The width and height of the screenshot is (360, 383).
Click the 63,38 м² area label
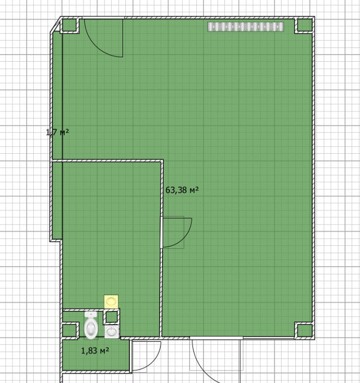[x=182, y=190]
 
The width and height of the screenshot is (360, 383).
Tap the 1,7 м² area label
[x=57, y=133]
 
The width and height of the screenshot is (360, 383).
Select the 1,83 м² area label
[x=95, y=351]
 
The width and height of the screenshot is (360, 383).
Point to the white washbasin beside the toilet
[x=112, y=332]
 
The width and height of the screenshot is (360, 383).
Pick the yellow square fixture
[x=111, y=301]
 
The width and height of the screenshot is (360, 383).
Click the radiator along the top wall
[x=246, y=27]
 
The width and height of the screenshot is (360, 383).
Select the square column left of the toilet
[x=70, y=331]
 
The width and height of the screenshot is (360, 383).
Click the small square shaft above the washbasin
[x=111, y=317]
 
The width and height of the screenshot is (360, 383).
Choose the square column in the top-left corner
[x=69, y=25]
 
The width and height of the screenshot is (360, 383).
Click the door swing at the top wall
[x=104, y=38]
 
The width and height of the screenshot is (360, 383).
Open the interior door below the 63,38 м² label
[x=176, y=232]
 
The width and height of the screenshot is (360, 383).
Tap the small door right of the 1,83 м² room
[x=147, y=357]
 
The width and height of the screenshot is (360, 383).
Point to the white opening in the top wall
[x=103, y=18]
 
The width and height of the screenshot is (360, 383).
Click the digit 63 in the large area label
[x=169, y=190]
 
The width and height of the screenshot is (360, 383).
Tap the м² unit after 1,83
[x=104, y=350]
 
